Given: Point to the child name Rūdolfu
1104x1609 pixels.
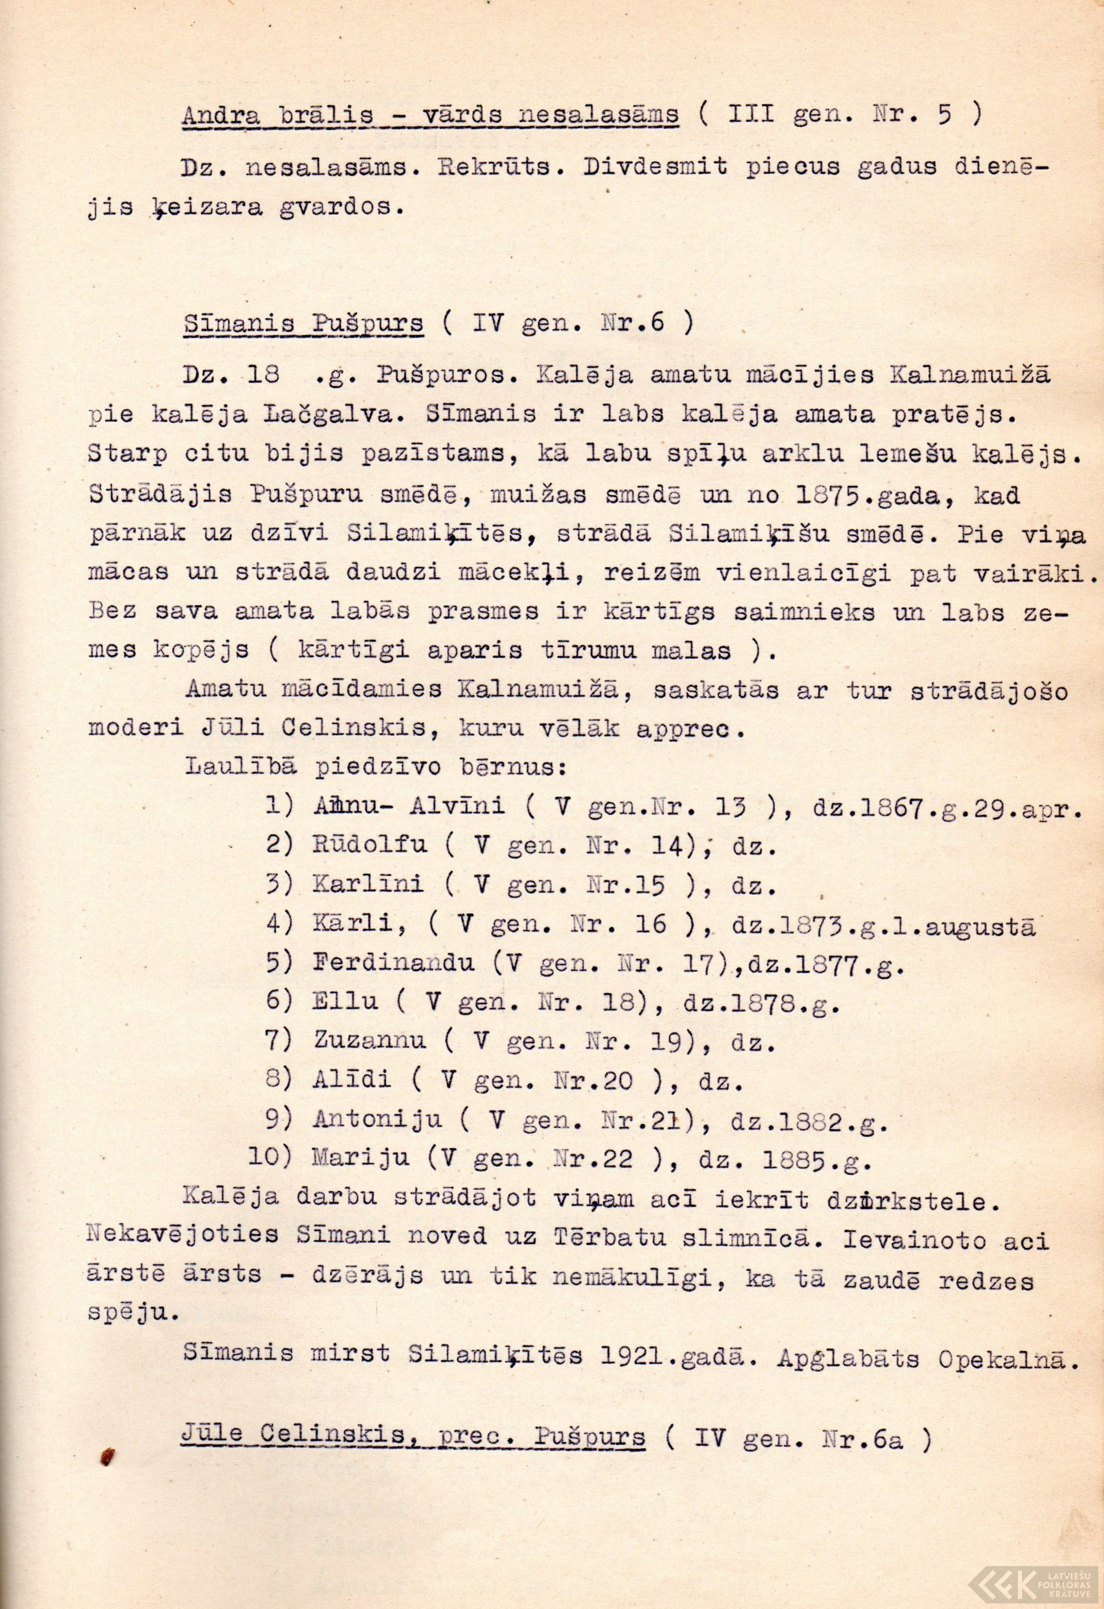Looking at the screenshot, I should tap(370, 845).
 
